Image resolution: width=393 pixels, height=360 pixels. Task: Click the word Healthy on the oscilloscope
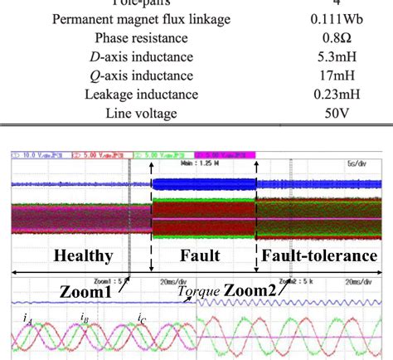click(83, 257)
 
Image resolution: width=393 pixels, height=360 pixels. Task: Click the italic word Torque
click(196, 292)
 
